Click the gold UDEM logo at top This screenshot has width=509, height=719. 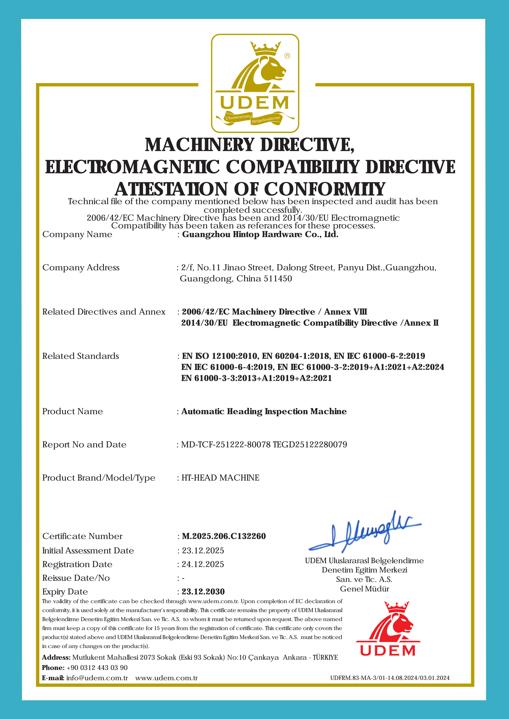coord(255,83)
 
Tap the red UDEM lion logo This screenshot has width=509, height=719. coord(388,629)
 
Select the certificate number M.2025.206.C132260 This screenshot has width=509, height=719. coord(224,536)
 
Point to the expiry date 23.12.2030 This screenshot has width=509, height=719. coord(203,592)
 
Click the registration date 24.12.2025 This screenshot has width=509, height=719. coord(203,564)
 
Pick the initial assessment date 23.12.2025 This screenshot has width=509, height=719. coord(203,551)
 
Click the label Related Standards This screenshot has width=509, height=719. coord(81,356)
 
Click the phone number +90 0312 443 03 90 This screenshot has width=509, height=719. coord(97,668)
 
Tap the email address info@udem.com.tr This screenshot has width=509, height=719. coord(97,678)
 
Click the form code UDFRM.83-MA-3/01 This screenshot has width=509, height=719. coord(357,678)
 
